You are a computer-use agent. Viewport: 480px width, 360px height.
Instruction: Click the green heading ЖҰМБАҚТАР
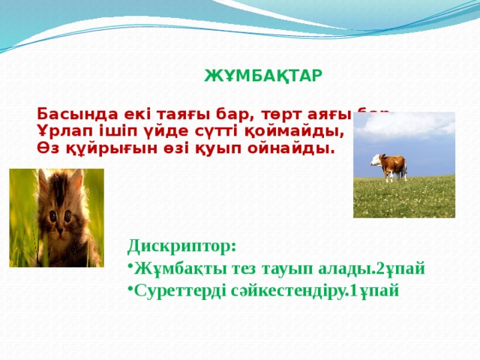(263, 76)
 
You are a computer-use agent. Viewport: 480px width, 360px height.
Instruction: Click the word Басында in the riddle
(67, 115)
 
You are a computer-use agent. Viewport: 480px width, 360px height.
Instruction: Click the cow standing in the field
(389, 166)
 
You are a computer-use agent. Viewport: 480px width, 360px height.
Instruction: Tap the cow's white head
(374, 159)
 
